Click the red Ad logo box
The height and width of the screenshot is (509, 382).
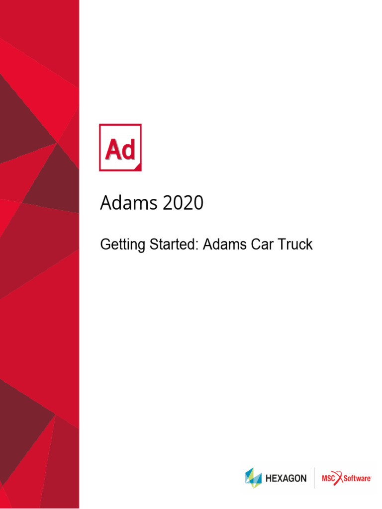pos(120,148)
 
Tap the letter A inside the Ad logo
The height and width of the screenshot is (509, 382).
pos(112,150)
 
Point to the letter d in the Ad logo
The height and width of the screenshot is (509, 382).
pos(128,150)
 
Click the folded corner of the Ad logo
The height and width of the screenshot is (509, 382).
pos(138,168)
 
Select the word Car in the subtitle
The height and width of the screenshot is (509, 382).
pos(264,244)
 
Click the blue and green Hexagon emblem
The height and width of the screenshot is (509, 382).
pos(253,478)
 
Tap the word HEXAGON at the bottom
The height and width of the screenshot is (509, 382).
pos(286,479)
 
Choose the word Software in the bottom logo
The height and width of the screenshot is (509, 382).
pos(359,479)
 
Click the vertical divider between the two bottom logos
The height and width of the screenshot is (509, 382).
pos(314,478)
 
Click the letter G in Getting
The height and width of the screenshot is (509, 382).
pos(105,244)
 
